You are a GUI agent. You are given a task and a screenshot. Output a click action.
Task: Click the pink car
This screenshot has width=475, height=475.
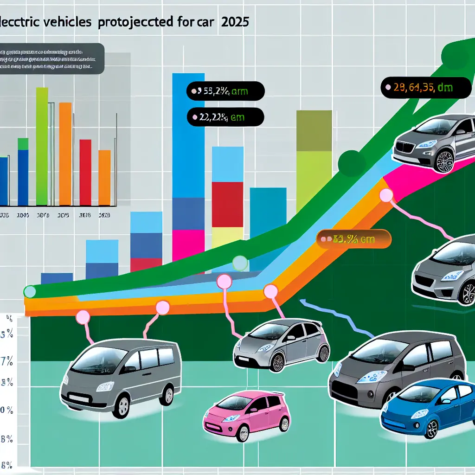coord(246,413)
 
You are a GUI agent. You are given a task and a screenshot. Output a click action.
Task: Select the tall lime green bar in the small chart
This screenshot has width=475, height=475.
coord(42,146)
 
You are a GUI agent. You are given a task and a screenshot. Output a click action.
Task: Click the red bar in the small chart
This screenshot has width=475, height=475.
coord(85,172)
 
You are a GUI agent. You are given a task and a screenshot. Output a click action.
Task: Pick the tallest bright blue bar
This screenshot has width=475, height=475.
coord(188,135)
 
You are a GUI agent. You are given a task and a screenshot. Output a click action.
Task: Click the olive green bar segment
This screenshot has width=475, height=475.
coord(314,131)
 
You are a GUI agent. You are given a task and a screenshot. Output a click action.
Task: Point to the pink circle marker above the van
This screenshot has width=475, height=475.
coord(83,317)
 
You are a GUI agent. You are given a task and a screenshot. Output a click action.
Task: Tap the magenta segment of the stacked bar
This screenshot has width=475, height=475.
coord(188,245)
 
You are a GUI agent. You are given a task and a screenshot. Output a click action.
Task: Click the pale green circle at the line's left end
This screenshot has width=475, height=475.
coord(30,291)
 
